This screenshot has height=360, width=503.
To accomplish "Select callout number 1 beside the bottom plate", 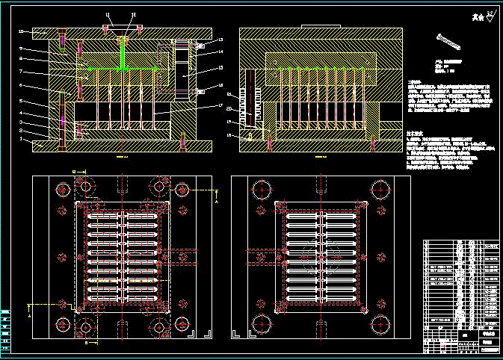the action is pos(21,139).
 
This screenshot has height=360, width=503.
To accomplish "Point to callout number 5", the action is pos(21,101).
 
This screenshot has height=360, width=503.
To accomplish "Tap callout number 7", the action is pos(21,72).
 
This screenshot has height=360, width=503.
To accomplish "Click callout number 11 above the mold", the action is pos(107,15).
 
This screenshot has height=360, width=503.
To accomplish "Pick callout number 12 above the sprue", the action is pos(134,15).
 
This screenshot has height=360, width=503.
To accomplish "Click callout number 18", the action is pos(229,135).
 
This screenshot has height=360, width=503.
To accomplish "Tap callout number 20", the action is pos(229,110).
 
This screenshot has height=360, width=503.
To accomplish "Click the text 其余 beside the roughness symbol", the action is pos(476,16).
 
